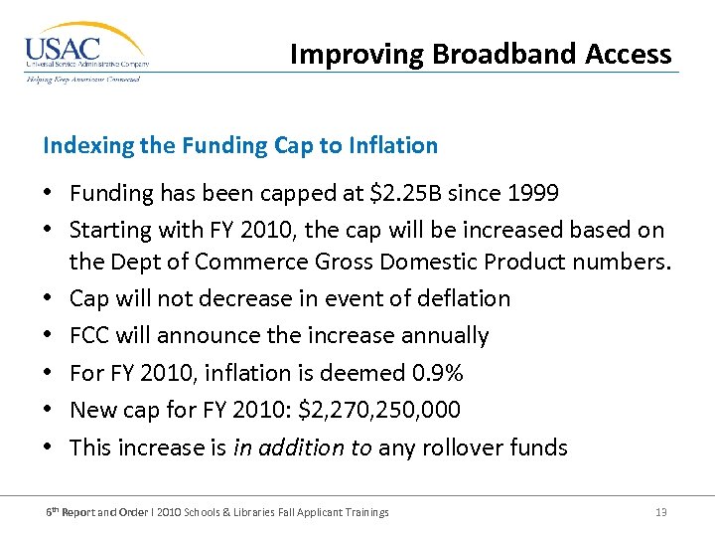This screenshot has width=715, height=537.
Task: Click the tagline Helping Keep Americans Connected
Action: click(x=83, y=80)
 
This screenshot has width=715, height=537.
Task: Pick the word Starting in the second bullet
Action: click(x=109, y=230)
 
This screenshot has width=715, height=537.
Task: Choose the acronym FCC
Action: click(x=90, y=335)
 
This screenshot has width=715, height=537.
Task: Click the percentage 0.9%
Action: click(x=438, y=373)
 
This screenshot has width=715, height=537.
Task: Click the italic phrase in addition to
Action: click(x=303, y=447)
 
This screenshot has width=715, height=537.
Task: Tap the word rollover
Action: click(x=464, y=447)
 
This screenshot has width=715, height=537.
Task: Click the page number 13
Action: click(x=660, y=512)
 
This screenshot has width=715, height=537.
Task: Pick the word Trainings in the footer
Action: click(x=364, y=512)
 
